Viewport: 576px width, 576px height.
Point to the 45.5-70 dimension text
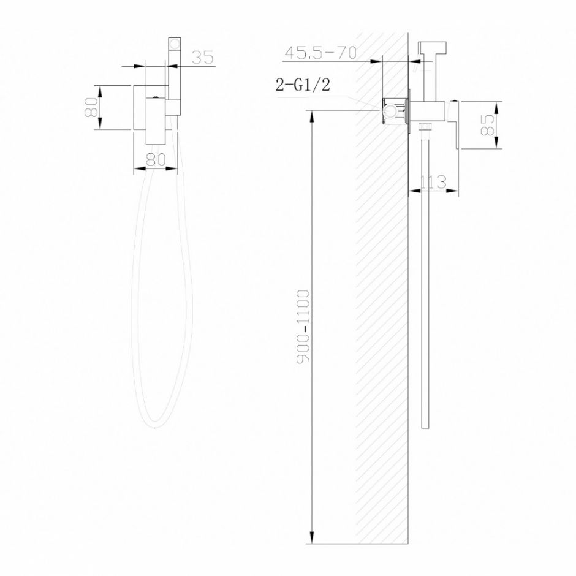[320, 53]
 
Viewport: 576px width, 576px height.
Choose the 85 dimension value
[488, 125]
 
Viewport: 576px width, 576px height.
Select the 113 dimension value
[433, 181]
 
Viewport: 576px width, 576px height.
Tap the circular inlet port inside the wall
[388, 112]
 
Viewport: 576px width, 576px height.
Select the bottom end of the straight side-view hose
[425, 426]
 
